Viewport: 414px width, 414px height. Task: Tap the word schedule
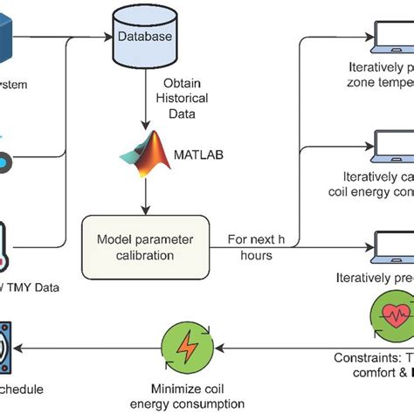click(x=26, y=390)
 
